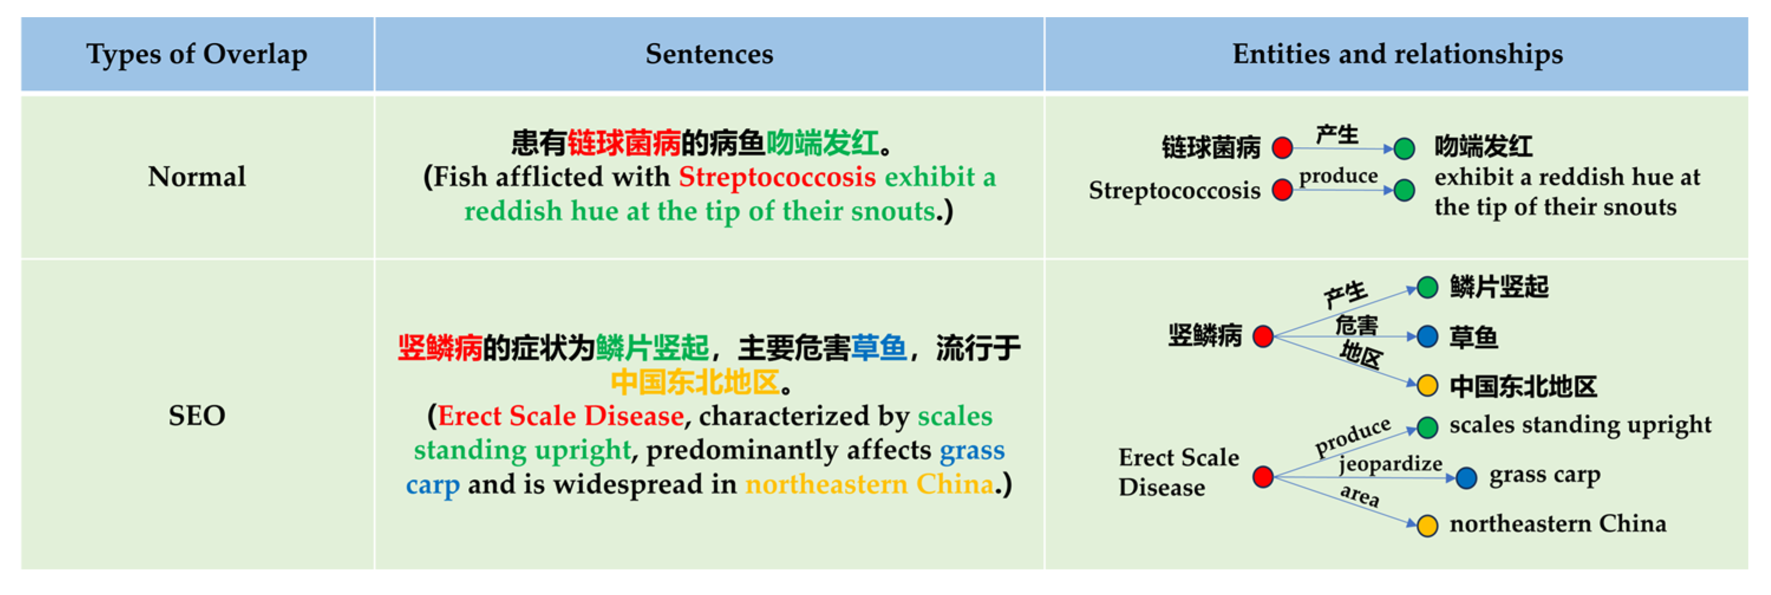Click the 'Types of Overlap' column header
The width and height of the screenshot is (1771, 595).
point(197,54)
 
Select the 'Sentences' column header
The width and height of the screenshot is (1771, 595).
point(709,54)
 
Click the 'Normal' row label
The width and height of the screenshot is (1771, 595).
point(197,177)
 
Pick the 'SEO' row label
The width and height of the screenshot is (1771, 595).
point(197,415)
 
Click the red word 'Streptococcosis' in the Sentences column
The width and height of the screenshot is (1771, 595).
point(777,177)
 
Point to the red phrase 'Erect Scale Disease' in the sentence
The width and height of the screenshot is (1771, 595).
point(561,415)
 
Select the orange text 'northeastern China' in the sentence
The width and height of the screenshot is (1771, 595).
point(870,485)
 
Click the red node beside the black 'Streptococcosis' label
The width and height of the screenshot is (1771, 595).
point(1282,190)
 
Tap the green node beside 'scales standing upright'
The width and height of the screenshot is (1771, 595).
point(1427,427)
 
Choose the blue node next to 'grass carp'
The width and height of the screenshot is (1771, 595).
point(1466,477)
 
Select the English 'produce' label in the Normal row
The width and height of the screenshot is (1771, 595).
point(1338,177)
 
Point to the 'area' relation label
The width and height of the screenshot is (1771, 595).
point(1360,496)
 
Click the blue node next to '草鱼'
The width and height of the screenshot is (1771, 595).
point(1427,336)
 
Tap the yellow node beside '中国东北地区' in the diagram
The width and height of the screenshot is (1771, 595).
point(1427,386)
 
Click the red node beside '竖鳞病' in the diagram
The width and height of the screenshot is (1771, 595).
point(1264,336)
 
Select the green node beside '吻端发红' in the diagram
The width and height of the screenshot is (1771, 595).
point(1404,148)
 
